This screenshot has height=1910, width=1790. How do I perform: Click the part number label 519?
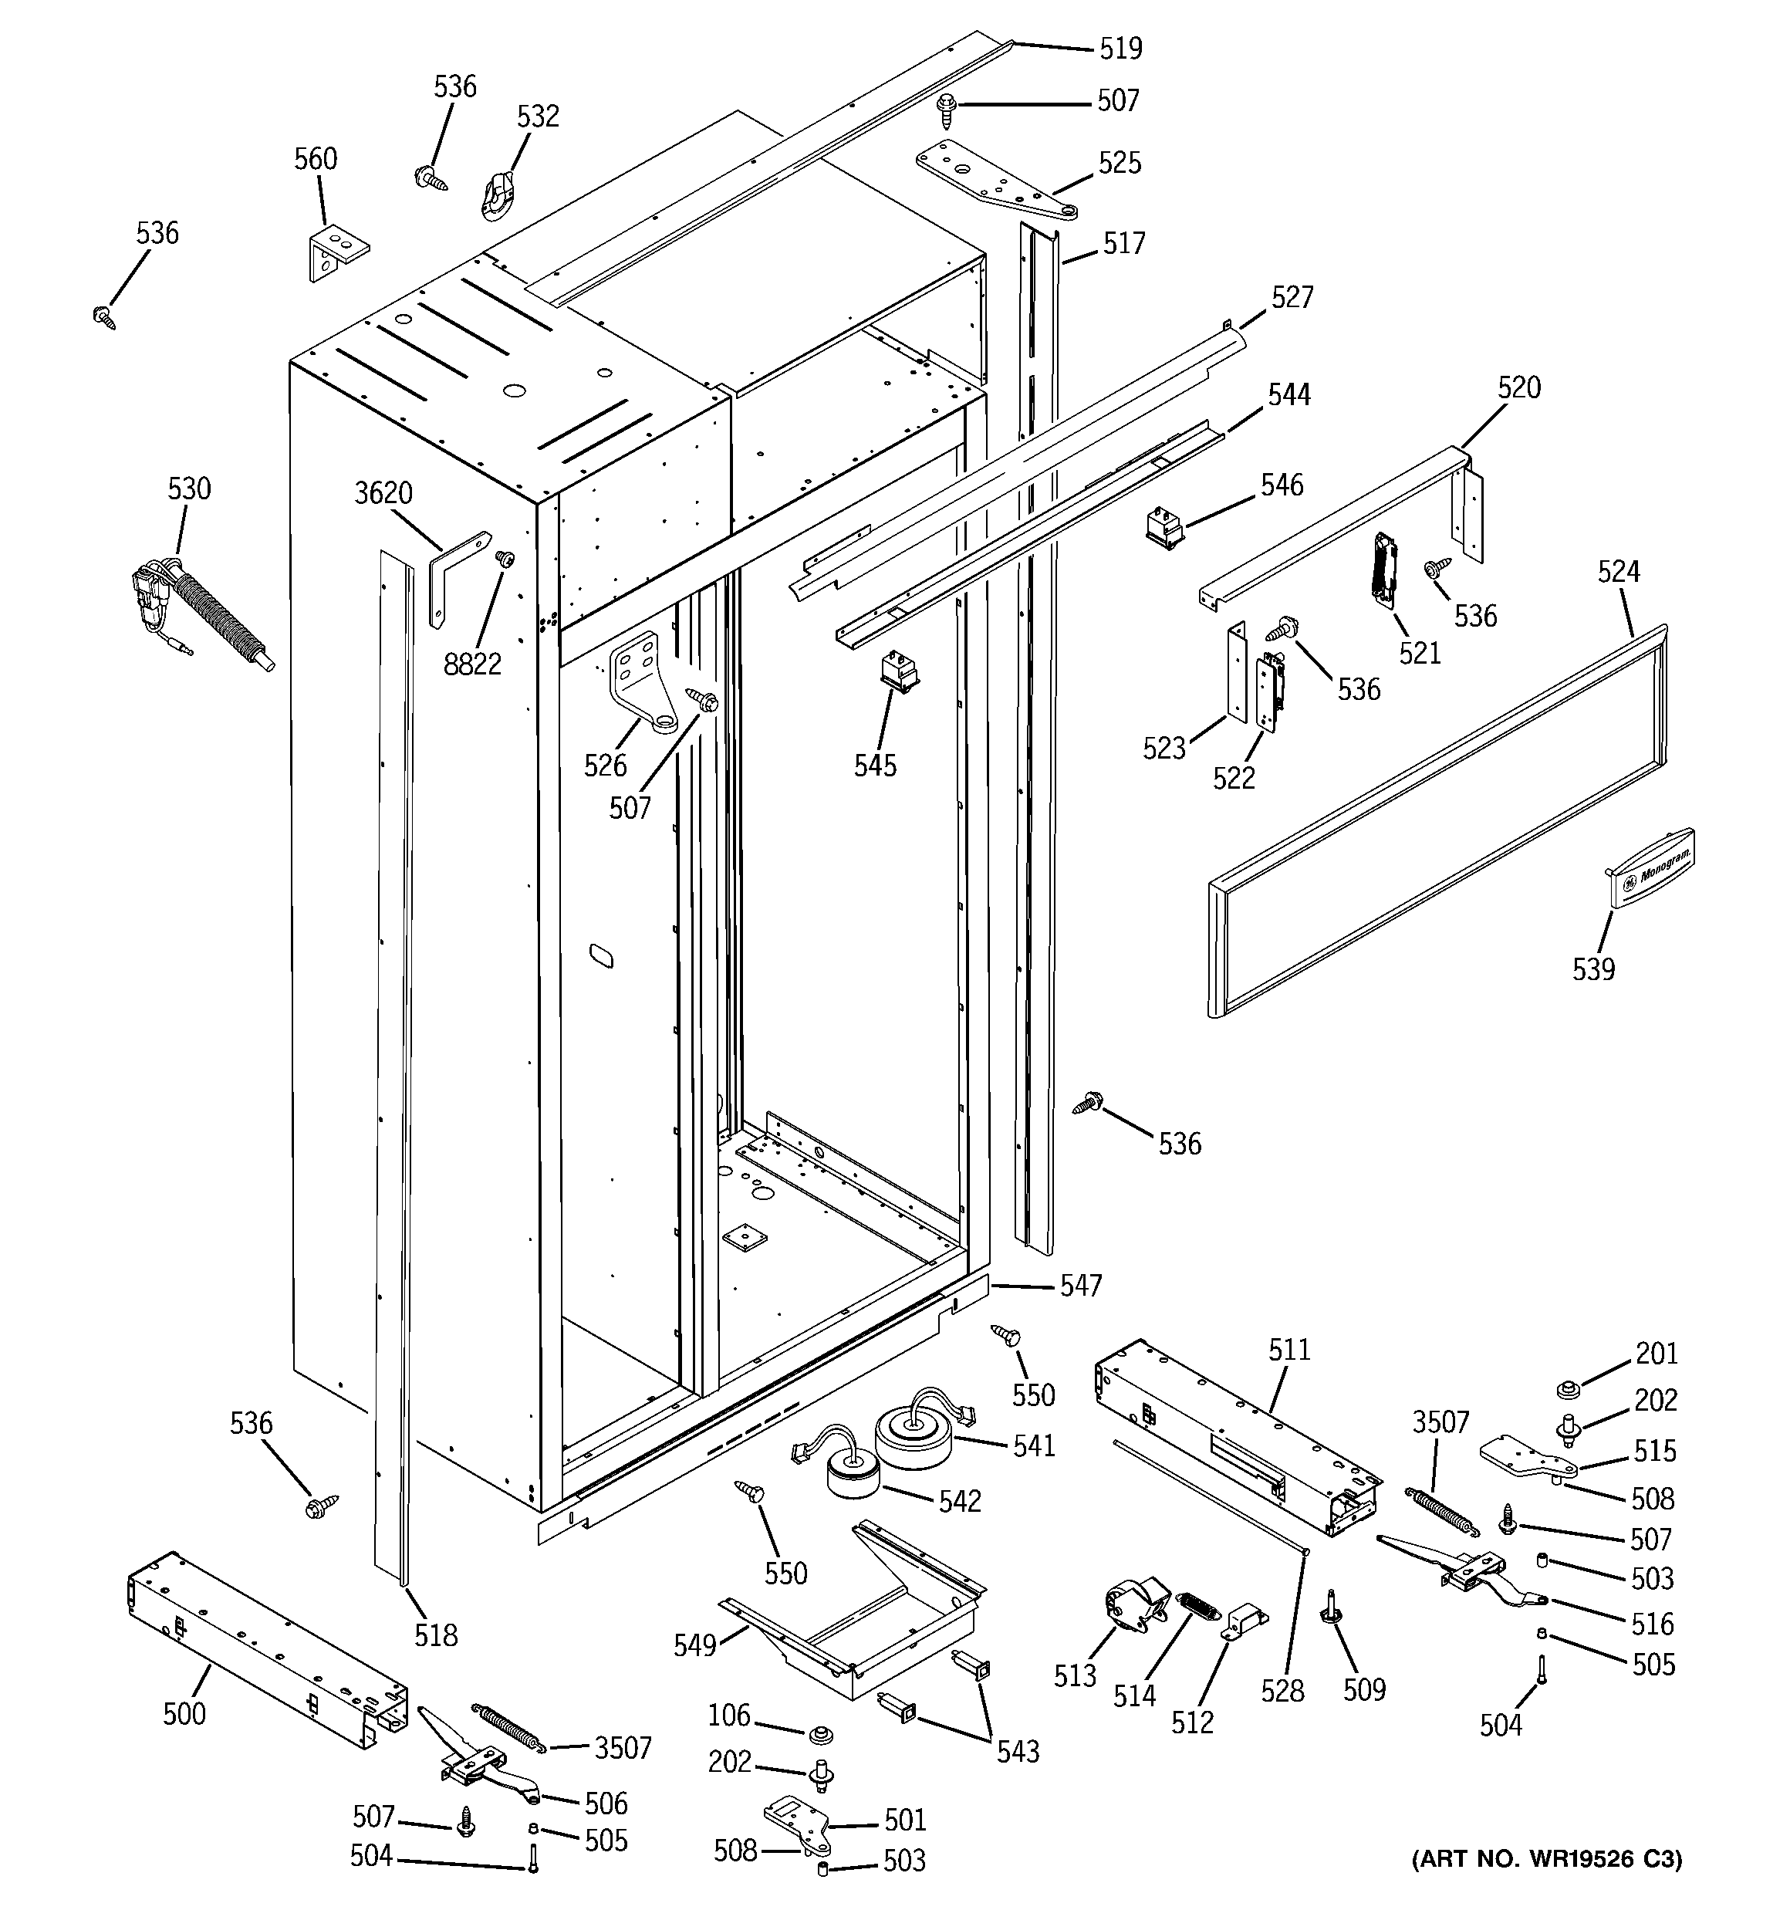coord(1120,48)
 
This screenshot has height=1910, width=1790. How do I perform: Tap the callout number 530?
coord(188,489)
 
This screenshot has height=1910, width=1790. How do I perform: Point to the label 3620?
coord(383,493)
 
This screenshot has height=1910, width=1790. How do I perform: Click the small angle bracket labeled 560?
coord(337,252)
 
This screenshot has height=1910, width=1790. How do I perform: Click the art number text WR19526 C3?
coord(1547,1885)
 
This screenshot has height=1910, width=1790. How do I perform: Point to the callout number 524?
coord(1618,573)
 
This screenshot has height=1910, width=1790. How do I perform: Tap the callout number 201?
coord(1656,1354)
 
